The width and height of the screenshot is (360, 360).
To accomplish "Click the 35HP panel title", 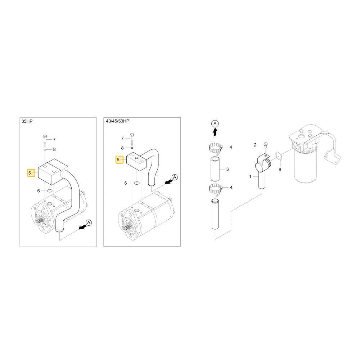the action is [27, 121].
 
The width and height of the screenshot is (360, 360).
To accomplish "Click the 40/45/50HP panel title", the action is [118, 121].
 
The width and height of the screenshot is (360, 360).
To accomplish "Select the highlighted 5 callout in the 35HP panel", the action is [31, 173].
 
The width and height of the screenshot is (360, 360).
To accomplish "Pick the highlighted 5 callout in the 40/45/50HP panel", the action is [120, 159].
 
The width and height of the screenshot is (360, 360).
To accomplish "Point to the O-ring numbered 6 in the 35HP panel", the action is [50, 191].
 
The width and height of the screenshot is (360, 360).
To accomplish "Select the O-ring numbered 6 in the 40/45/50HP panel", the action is [136, 183].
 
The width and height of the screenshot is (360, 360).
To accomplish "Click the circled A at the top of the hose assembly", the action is [215, 123].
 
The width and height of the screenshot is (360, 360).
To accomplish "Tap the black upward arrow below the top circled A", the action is [215, 132].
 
